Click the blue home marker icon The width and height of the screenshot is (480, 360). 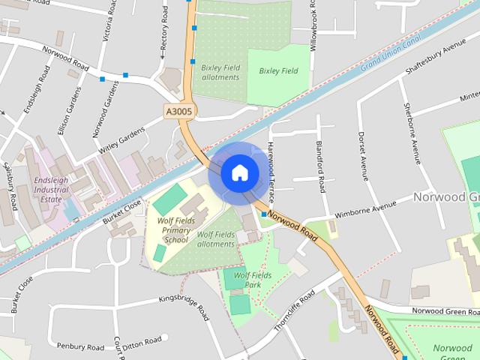point(239,172)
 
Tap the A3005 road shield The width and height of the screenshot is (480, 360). point(179,112)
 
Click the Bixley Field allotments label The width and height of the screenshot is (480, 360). point(220,72)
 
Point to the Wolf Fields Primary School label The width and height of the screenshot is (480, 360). point(172,230)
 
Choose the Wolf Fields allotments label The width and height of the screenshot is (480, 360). point(216,239)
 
